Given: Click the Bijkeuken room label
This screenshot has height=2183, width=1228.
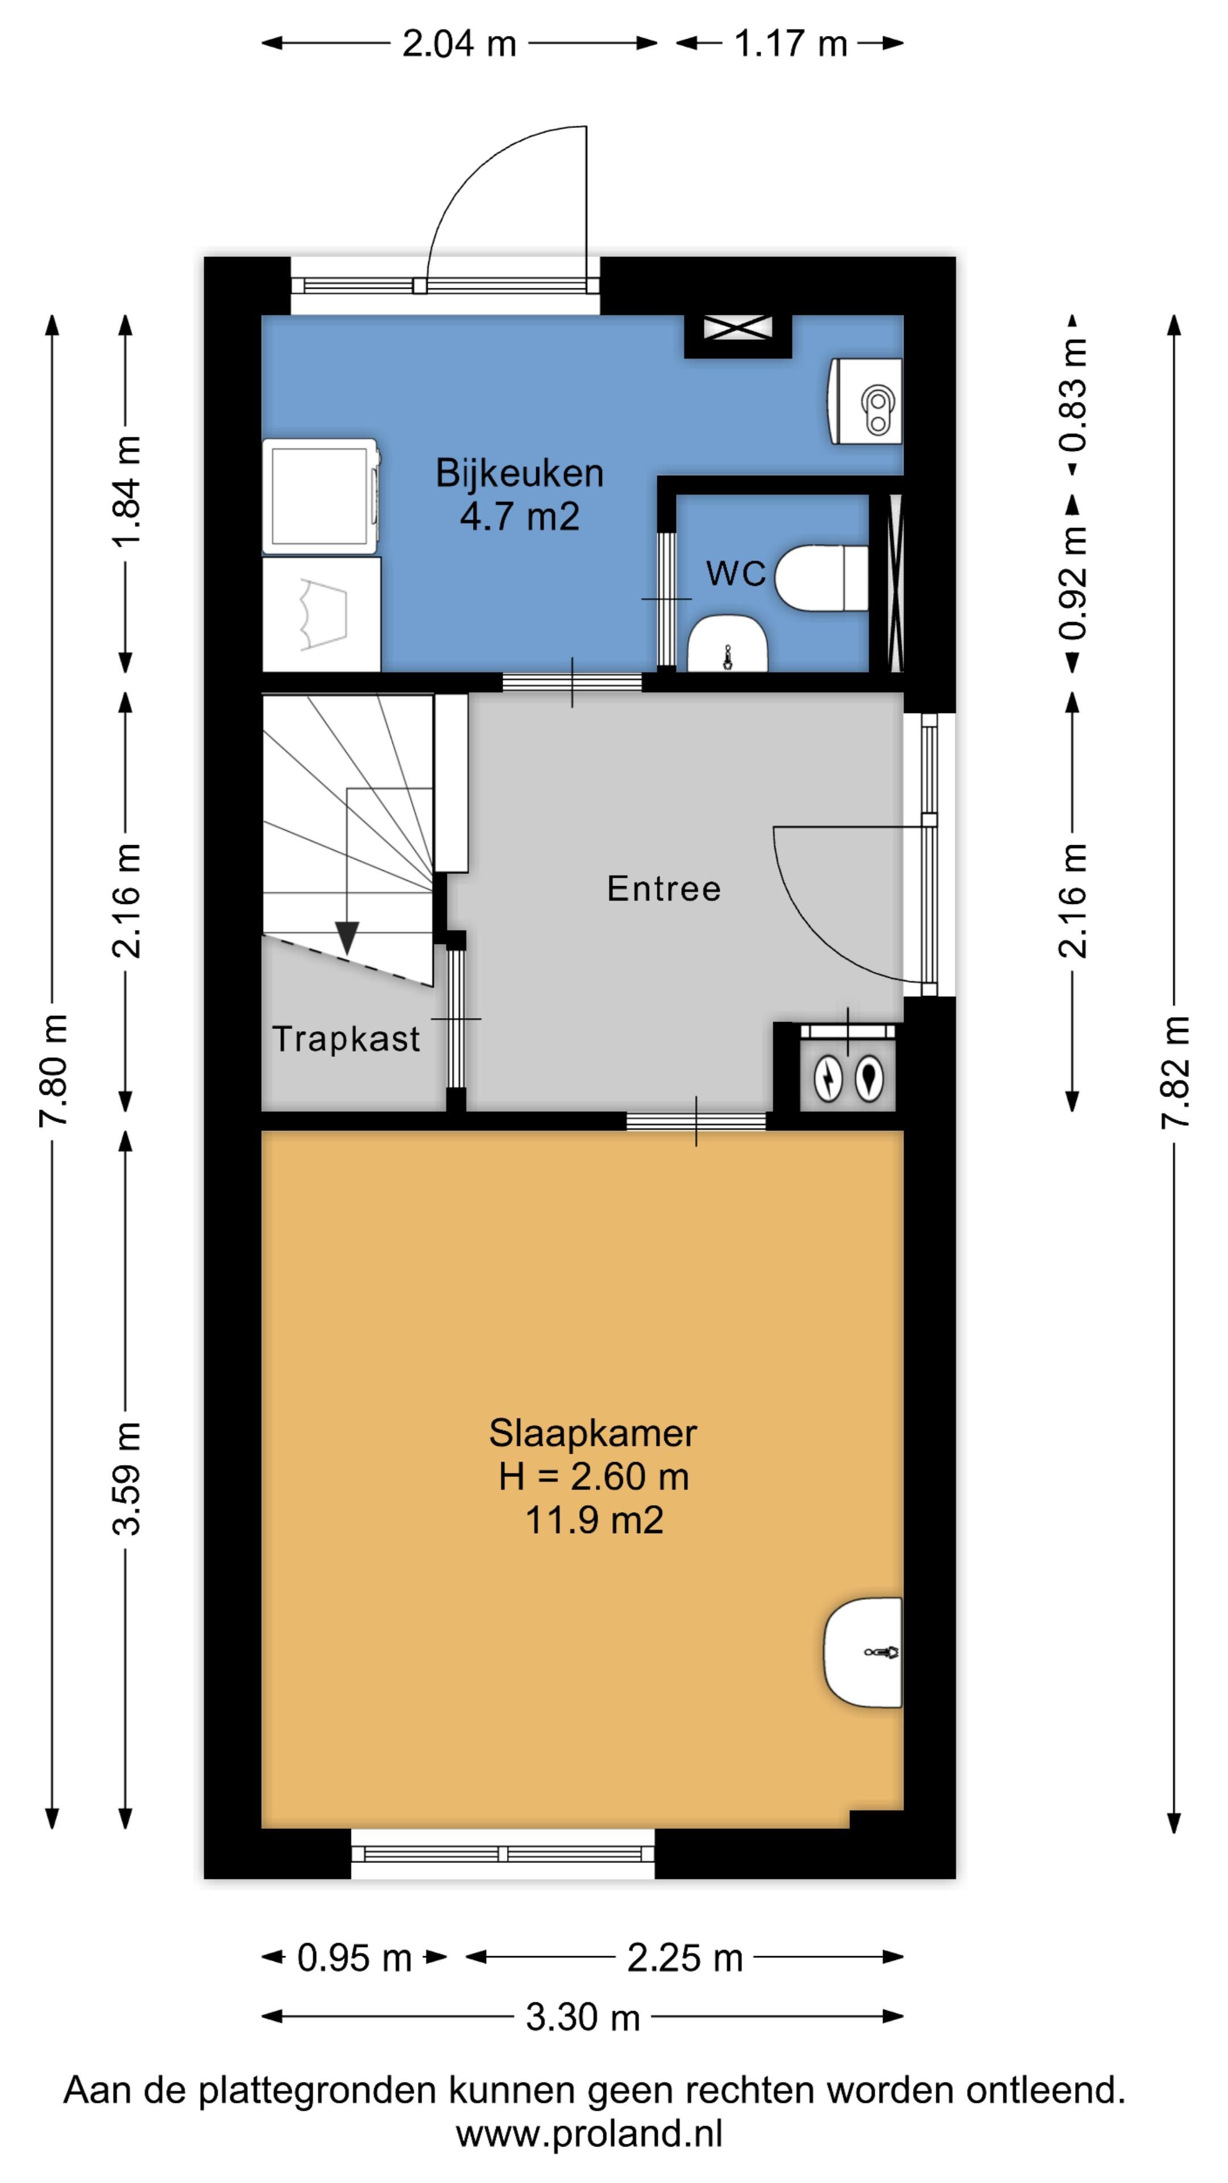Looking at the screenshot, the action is point(520,473).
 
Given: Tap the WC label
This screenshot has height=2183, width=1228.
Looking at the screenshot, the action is point(736,574).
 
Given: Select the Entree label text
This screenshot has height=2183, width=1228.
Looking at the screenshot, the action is point(663,888).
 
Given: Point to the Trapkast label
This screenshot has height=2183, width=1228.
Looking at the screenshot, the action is point(346,1038).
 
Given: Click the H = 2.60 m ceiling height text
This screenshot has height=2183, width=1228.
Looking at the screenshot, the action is point(593,1476).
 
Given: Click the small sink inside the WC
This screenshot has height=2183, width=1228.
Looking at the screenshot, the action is point(727,644).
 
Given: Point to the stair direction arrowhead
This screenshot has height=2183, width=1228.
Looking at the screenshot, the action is point(347,937).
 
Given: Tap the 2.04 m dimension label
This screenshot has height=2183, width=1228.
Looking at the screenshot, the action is point(458,43).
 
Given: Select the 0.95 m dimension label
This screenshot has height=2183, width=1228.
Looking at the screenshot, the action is point(354,1957).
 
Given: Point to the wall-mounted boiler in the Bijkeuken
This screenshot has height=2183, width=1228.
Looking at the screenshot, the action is point(864,401).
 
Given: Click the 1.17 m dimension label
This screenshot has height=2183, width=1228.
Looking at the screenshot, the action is point(790,43).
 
